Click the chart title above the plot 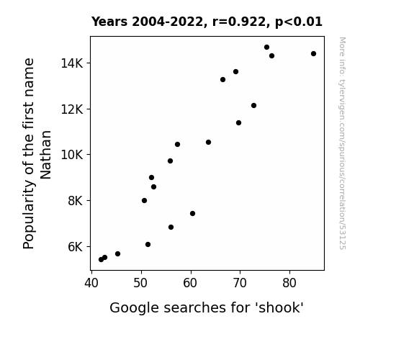click(207, 22)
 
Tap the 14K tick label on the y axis click(72, 63)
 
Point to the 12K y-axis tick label click(72, 109)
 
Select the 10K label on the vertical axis click(72, 155)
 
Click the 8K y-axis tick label click(76, 201)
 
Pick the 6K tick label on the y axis click(76, 247)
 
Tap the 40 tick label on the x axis click(91, 283)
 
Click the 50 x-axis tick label click(140, 283)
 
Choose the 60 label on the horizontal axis click(190, 283)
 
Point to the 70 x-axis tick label click(240, 283)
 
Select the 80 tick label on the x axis click(289, 283)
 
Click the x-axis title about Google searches click(207, 307)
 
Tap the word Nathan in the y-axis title click(45, 155)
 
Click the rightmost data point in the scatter click(313, 53)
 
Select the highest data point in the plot click(266, 47)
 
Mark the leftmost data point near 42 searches click(101, 259)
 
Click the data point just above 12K click(253, 105)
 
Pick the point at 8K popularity click(144, 200)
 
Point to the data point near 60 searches click(192, 213)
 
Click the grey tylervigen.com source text click(342, 143)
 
